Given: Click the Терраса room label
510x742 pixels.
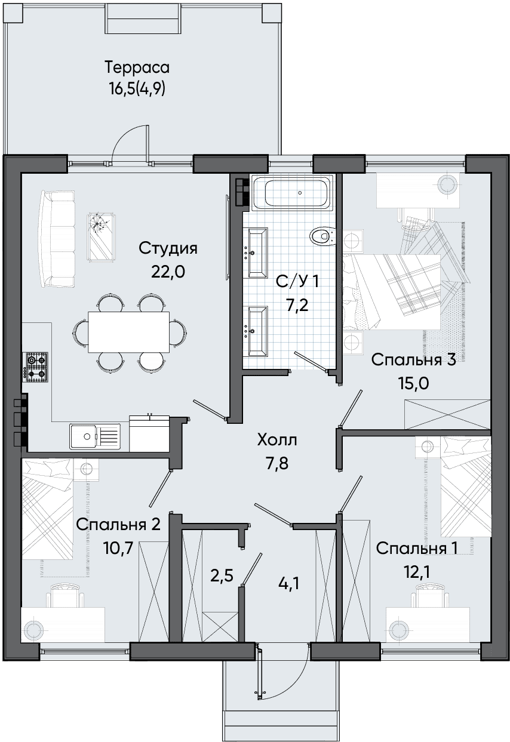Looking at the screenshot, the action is (137, 67).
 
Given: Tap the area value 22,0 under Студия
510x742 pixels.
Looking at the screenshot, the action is (168, 272).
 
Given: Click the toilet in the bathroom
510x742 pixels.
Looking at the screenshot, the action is (322, 236).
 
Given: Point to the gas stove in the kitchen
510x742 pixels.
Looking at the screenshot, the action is (35, 367).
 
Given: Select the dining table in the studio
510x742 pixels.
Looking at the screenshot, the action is (129, 332).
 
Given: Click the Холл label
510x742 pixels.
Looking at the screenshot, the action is (277, 440).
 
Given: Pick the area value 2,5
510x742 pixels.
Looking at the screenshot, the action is (222, 577).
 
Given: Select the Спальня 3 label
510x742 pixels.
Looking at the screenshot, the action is (414, 361).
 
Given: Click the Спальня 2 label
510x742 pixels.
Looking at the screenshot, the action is (118, 525).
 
